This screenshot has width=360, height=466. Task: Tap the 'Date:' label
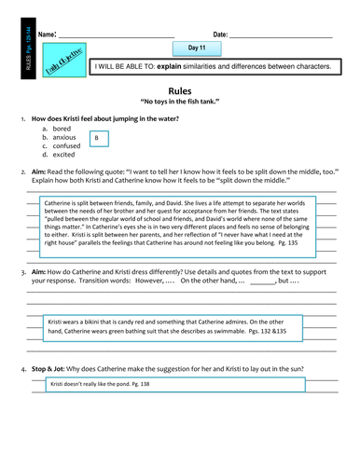coord(220,34)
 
